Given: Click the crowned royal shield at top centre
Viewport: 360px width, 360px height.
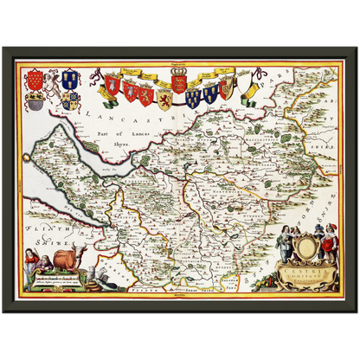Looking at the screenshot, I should pyautogui.click(x=179, y=82).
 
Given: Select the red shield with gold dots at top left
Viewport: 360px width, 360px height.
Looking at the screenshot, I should pyautogui.click(x=34, y=80).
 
